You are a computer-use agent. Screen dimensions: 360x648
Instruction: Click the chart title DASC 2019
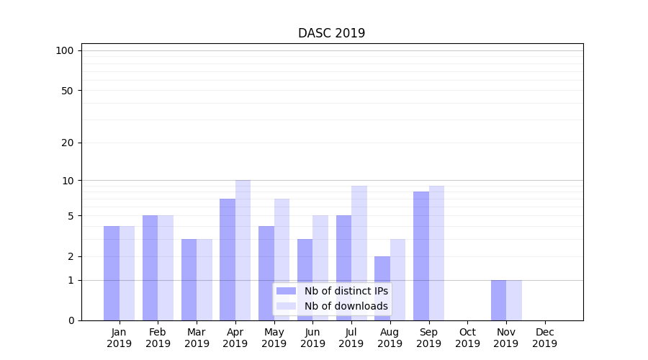click(x=331, y=34)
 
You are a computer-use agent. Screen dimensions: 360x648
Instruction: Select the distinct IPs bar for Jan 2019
click(x=112, y=273)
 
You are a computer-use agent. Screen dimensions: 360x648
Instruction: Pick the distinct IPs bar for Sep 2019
click(x=421, y=256)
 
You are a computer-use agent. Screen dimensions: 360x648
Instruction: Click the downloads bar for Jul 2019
click(x=359, y=253)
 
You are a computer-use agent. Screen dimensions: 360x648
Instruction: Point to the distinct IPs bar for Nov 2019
click(x=498, y=300)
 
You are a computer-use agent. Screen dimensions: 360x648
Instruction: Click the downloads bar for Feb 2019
click(x=166, y=268)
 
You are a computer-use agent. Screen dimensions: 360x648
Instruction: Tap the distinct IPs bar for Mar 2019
click(x=189, y=279)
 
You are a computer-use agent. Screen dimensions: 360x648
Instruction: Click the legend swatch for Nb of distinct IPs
click(x=286, y=291)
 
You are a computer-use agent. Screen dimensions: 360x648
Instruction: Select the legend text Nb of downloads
click(x=346, y=306)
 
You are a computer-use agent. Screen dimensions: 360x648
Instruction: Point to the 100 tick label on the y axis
click(x=65, y=50)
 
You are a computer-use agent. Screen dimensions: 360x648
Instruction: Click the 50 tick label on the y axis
click(x=68, y=91)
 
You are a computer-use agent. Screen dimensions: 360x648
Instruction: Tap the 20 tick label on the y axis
click(x=68, y=143)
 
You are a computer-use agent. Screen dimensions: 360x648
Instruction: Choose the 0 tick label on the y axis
click(x=71, y=320)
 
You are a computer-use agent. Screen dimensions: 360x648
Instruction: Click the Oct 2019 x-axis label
click(x=467, y=338)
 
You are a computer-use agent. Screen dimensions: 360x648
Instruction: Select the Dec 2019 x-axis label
click(x=544, y=338)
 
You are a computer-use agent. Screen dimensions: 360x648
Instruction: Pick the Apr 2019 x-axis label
click(x=235, y=338)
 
